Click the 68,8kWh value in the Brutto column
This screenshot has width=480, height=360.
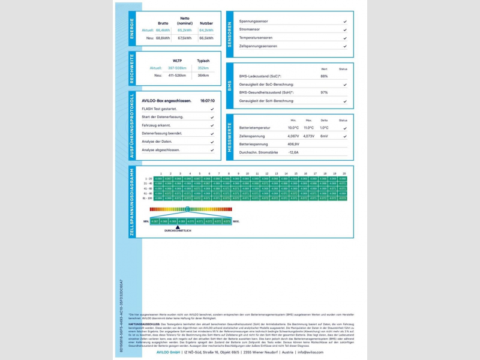pos(163,38)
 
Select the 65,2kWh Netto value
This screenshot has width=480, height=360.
pos(185,29)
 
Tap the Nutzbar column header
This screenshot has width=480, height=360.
pos(206,23)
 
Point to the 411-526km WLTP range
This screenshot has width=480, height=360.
pos(177,75)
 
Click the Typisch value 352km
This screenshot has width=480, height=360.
pos(203,68)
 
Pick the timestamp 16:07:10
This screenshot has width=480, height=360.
pos(208,101)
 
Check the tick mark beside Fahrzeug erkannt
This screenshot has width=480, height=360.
pos(212,125)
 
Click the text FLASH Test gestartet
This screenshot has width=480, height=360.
pos(159,109)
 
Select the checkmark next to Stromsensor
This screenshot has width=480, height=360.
pos(345,29)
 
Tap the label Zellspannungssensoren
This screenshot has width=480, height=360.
pos(258,46)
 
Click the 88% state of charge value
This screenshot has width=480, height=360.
pos(324,76)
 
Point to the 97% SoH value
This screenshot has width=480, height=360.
pos(324,92)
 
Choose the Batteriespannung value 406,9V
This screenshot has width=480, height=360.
pos(293,144)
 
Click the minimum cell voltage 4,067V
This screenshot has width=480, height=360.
pos(293,136)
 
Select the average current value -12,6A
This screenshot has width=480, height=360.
pos(293,152)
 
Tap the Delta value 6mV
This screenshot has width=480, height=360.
pos(324,136)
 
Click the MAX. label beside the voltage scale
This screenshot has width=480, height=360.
pos(236,221)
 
